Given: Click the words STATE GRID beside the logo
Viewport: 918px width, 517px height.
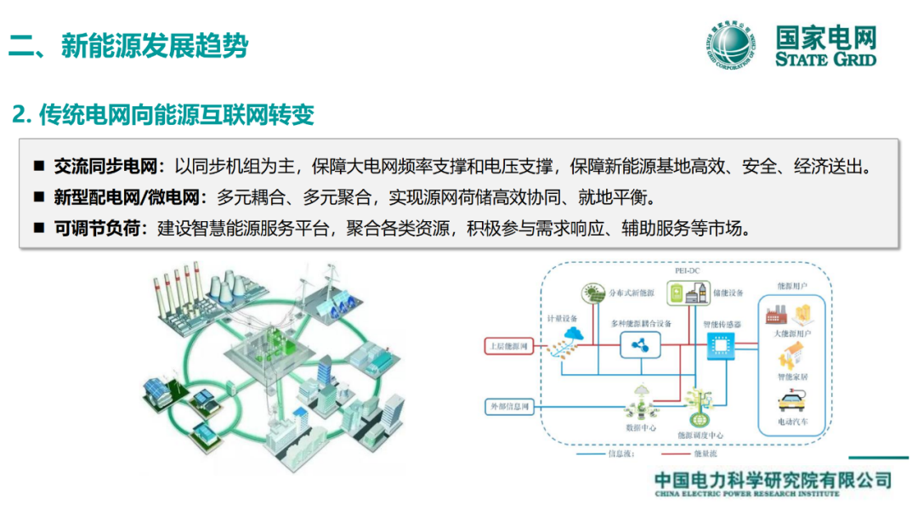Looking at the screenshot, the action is click(x=825, y=59).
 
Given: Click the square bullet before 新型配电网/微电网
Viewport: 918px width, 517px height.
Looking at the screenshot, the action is click(x=39, y=198).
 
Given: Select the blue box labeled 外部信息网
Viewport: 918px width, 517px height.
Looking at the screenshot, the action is click(x=509, y=407).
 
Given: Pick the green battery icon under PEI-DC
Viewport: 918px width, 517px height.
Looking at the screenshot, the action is click(x=677, y=293).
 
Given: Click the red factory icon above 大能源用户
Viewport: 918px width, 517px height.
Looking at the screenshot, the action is click(x=774, y=315).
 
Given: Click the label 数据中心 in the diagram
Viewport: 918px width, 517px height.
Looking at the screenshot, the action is click(x=640, y=429).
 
